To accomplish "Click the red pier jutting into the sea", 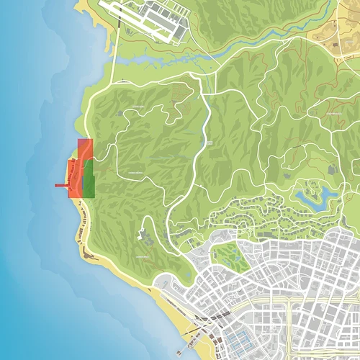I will point(61,186).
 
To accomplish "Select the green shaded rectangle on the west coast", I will point(89,179).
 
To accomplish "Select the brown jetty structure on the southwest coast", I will point(87,254).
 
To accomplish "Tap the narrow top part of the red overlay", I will point(84,148).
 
